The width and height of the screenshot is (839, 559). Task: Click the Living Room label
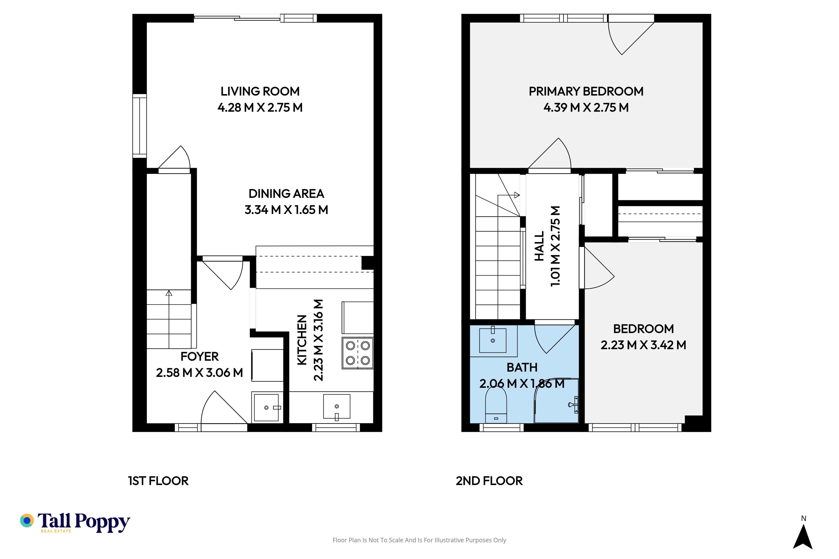260,91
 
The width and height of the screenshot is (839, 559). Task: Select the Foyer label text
199,357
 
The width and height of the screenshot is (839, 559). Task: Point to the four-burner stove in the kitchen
357,353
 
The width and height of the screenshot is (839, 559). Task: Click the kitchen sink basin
336,406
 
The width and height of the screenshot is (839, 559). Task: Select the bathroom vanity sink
493,340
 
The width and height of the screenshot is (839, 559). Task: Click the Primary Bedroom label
586,91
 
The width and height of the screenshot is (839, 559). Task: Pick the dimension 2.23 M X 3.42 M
643,345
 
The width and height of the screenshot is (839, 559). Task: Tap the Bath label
522,367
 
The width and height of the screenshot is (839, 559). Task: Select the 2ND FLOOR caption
489,481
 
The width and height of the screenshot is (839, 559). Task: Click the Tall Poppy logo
75,523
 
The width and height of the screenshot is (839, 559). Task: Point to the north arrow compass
803,535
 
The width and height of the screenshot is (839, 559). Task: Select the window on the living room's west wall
139,126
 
